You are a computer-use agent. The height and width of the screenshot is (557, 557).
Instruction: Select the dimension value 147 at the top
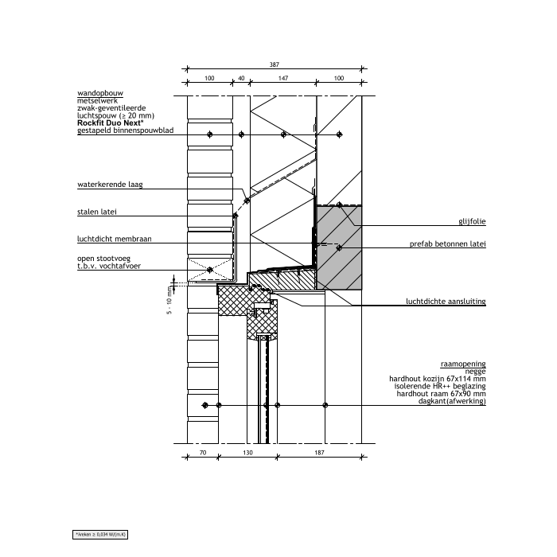[x=283, y=78]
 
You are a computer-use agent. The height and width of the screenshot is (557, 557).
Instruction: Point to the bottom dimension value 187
[x=320, y=453]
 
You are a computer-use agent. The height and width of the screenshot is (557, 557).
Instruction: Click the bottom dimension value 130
[x=248, y=453]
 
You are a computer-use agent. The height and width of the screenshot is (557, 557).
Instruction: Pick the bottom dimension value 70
[x=202, y=453]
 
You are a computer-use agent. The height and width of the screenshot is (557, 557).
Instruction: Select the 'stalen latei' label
[x=96, y=212]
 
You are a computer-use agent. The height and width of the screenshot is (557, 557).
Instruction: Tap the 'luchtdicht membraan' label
[x=114, y=238]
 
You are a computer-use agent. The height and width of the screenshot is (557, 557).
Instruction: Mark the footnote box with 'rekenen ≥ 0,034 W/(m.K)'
[x=101, y=534]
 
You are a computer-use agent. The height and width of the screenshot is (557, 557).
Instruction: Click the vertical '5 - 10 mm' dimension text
[x=169, y=303]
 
